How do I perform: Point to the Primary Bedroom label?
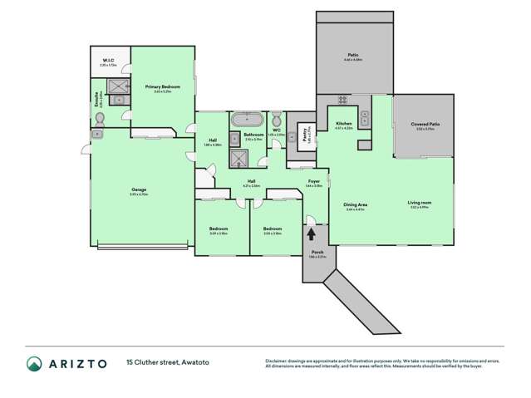point(158,86)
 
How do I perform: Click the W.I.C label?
point(108,61)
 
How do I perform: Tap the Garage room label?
point(139,191)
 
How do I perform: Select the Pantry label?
point(307,135)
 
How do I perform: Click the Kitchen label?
point(344,123)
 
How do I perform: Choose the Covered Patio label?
point(425,125)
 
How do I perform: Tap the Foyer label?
point(314,181)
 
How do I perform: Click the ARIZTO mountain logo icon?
point(34,363)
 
